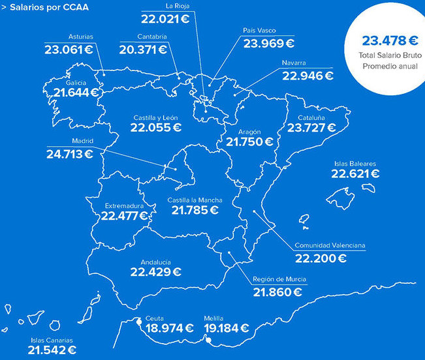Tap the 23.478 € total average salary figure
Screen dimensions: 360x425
click(385, 40)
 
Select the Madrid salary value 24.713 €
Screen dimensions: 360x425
click(69, 154)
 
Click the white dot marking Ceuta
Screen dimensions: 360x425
click(138, 321)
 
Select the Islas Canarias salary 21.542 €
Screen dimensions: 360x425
click(52, 350)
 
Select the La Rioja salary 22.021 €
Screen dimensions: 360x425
click(172, 19)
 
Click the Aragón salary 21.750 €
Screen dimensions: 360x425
click(250, 141)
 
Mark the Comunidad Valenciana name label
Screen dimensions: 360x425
click(330, 246)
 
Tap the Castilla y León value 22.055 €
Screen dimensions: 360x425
click(156, 127)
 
